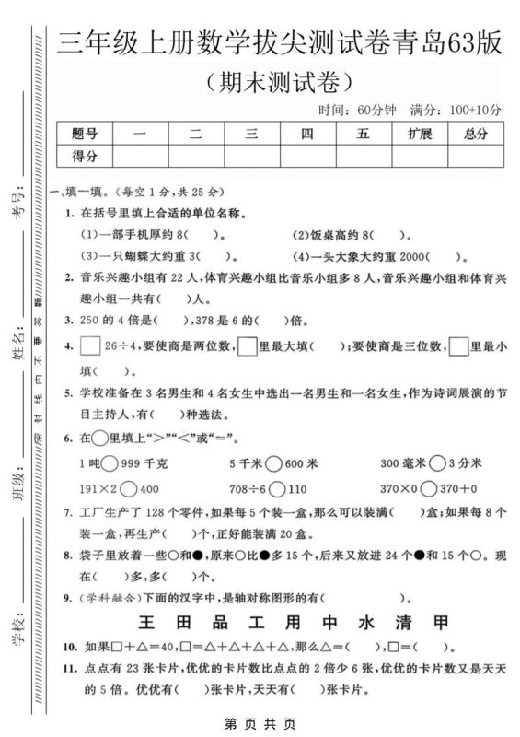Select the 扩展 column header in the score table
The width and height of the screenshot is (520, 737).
[x=419, y=134]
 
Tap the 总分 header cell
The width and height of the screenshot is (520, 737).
[x=475, y=134]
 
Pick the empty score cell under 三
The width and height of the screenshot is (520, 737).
[x=251, y=156]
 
